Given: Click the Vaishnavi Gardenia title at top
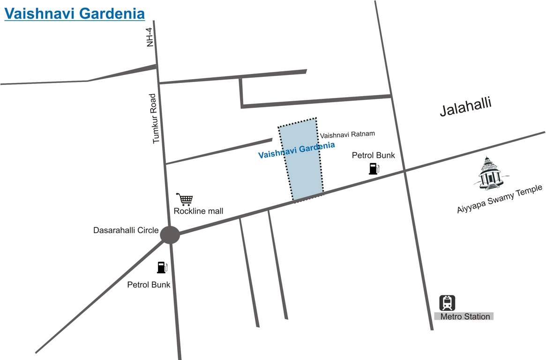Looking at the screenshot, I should (75, 13).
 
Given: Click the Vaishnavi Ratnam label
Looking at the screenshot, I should (348, 134).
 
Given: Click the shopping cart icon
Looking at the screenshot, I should (184, 199).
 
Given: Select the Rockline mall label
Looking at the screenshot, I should (198, 211).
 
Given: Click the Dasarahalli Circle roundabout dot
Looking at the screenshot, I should (170, 235).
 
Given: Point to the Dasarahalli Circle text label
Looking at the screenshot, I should (126, 230).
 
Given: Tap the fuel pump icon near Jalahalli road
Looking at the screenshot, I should (374, 168).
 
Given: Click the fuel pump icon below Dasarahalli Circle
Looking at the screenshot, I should (162, 267).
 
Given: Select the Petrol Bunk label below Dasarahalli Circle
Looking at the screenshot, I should (149, 285).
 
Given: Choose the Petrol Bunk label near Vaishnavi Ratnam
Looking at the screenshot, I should (374, 155).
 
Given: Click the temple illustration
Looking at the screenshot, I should (488, 173).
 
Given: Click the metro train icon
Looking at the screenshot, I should (447, 302).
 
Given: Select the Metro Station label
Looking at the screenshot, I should (464, 316).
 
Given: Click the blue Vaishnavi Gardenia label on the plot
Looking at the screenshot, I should (296, 150).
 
